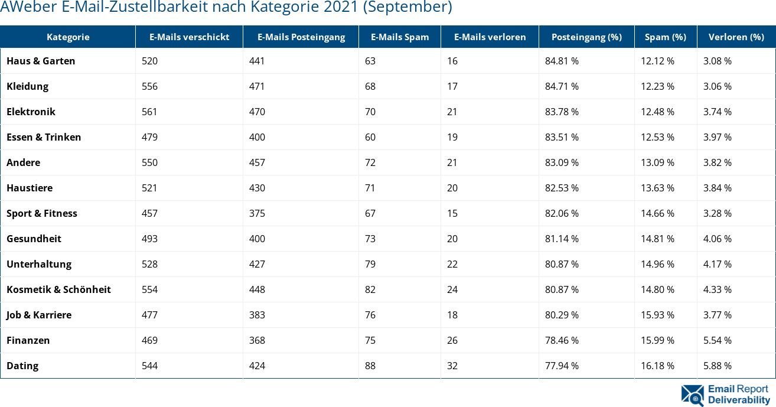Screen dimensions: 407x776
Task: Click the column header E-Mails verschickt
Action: (189, 37)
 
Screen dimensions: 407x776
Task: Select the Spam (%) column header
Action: (665, 37)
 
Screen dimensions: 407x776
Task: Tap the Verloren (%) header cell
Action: (736, 37)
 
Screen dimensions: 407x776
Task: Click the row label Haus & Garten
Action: (41, 61)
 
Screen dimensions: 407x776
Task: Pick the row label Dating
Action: (22, 366)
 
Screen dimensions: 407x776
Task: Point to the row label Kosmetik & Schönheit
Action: (58, 289)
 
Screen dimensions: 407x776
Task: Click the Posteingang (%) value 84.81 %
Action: (562, 61)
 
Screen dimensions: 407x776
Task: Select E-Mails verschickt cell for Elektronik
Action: (149, 112)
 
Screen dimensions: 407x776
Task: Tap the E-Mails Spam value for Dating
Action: (370, 366)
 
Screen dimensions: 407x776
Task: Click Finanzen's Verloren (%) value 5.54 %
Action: (718, 340)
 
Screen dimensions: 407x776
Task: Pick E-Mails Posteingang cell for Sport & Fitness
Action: (257, 213)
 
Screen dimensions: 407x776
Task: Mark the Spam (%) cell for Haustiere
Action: (657, 188)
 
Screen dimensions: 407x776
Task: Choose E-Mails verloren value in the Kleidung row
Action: (452, 86)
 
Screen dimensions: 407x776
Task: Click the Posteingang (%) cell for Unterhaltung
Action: (562, 264)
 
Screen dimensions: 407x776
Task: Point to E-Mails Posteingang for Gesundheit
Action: (257, 239)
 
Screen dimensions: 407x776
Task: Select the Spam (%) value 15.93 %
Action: (657, 315)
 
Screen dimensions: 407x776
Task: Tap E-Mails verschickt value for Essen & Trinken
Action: (149, 137)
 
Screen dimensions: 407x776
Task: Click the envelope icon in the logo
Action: (692, 395)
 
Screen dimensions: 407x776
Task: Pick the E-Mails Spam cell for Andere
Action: (370, 162)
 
